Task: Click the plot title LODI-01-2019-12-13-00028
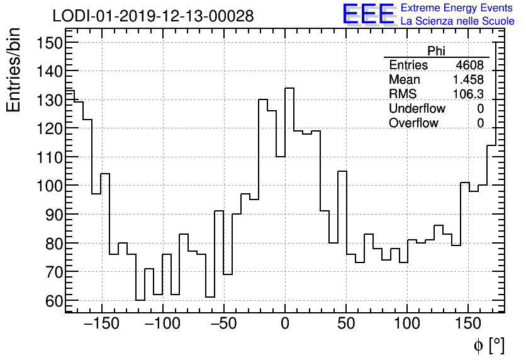tap(153, 16)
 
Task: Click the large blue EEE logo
tap(368, 14)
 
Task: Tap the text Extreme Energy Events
tap(457, 8)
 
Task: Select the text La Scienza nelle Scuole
tap(457, 21)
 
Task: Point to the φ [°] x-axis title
tap(489, 345)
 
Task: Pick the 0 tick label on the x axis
tap(285, 325)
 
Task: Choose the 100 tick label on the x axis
tap(407, 325)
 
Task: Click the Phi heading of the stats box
tap(436, 52)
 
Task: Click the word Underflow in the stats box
tap(417, 109)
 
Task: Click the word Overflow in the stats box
tap(413, 123)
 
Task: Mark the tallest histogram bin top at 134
tap(289, 88)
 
